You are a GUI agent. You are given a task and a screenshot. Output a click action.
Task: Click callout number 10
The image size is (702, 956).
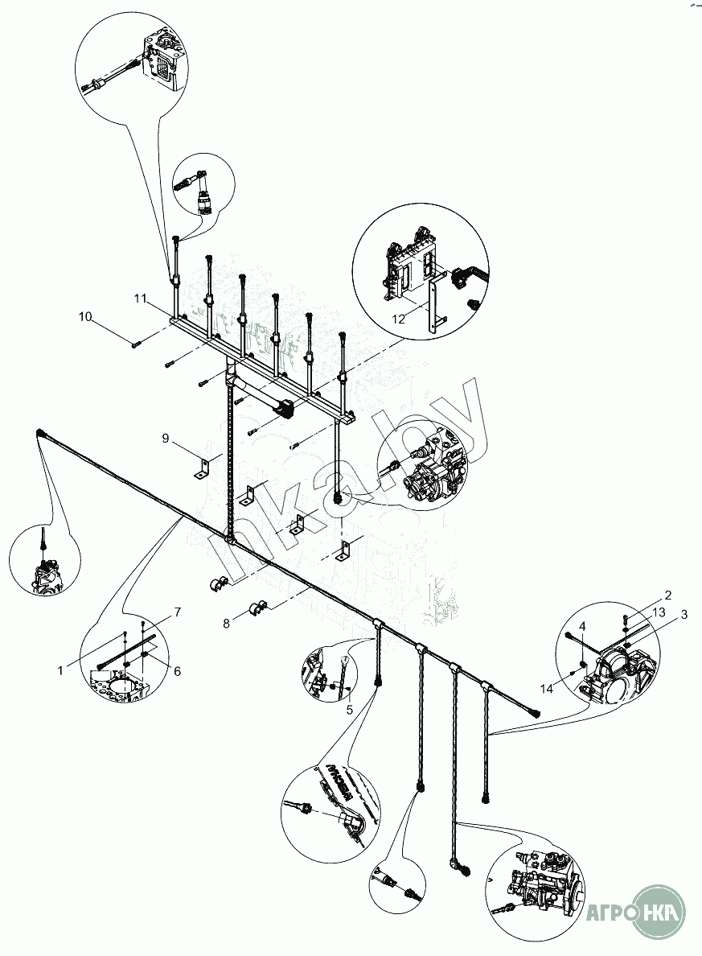click(x=85, y=316)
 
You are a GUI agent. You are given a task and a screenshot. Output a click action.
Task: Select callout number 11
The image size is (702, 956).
click(x=141, y=299)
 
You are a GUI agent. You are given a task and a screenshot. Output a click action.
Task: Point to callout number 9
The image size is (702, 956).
click(x=166, y=438)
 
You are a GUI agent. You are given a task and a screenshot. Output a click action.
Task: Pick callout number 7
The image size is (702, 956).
click(x=178, y=612)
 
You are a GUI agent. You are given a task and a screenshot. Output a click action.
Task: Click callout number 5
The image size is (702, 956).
click(x=350, y=710)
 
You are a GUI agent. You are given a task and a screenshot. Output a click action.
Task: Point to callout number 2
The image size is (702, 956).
click(x=667, y=595)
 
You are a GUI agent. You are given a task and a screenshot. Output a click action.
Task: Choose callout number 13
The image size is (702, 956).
click(x=659, y=612)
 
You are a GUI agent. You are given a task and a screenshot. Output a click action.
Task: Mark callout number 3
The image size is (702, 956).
click(x=684, y=615)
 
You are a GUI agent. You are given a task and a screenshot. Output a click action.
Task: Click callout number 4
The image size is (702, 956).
click(x=582, y=626)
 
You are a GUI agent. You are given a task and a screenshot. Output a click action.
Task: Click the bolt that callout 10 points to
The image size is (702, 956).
click(x=135, y=344)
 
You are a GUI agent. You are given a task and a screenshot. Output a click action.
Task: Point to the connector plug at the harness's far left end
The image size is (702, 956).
click(x=41, y=435)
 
